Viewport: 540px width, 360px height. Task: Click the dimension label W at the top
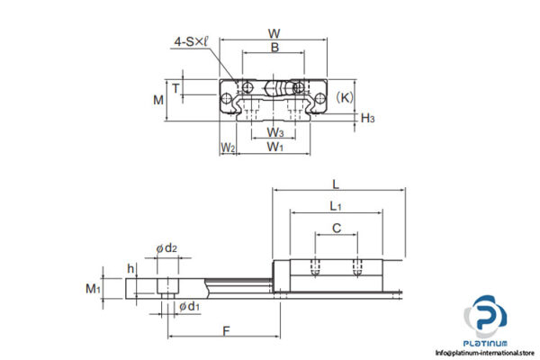(274, 33)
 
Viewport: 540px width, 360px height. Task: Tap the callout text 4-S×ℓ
(193, 41)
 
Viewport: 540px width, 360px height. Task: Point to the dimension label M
(158, 99)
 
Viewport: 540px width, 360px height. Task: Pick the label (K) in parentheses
(344, 94)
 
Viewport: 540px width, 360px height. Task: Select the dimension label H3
(367, 117)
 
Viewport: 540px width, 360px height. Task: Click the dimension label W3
(274, 133)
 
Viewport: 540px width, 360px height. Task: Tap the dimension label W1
(275, 147)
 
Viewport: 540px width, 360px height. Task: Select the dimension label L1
(336, 206)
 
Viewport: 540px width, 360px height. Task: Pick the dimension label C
(336, 229)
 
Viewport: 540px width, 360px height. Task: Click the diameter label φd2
(166, 248)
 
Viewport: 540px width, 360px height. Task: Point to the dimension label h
(131, 267)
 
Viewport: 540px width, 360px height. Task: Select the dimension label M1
(92, 288)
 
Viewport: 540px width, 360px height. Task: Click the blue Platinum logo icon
(486, 320)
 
